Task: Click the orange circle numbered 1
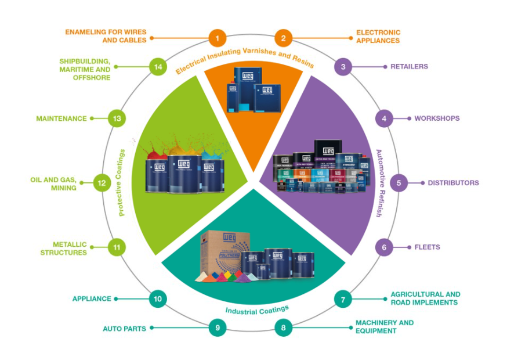click(x=217, y=39)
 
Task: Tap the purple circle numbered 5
click(x=399, y=183)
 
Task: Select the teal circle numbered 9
click(x=217, y=328)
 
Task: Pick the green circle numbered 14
click(x=158, y=67)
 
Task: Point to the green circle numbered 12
click(x=102, y=183)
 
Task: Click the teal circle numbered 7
click(x=343, y=300)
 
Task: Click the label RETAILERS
click(x=409, y=67)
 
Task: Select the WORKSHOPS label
click(x=437, y=118)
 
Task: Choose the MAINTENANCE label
click(x=61, y=118)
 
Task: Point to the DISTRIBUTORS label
click(x=453, y=183)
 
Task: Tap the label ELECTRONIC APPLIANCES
click(x=378, y=37)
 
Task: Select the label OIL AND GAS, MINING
click(x=53, y=183)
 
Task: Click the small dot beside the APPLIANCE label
click(x=116, y=299)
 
